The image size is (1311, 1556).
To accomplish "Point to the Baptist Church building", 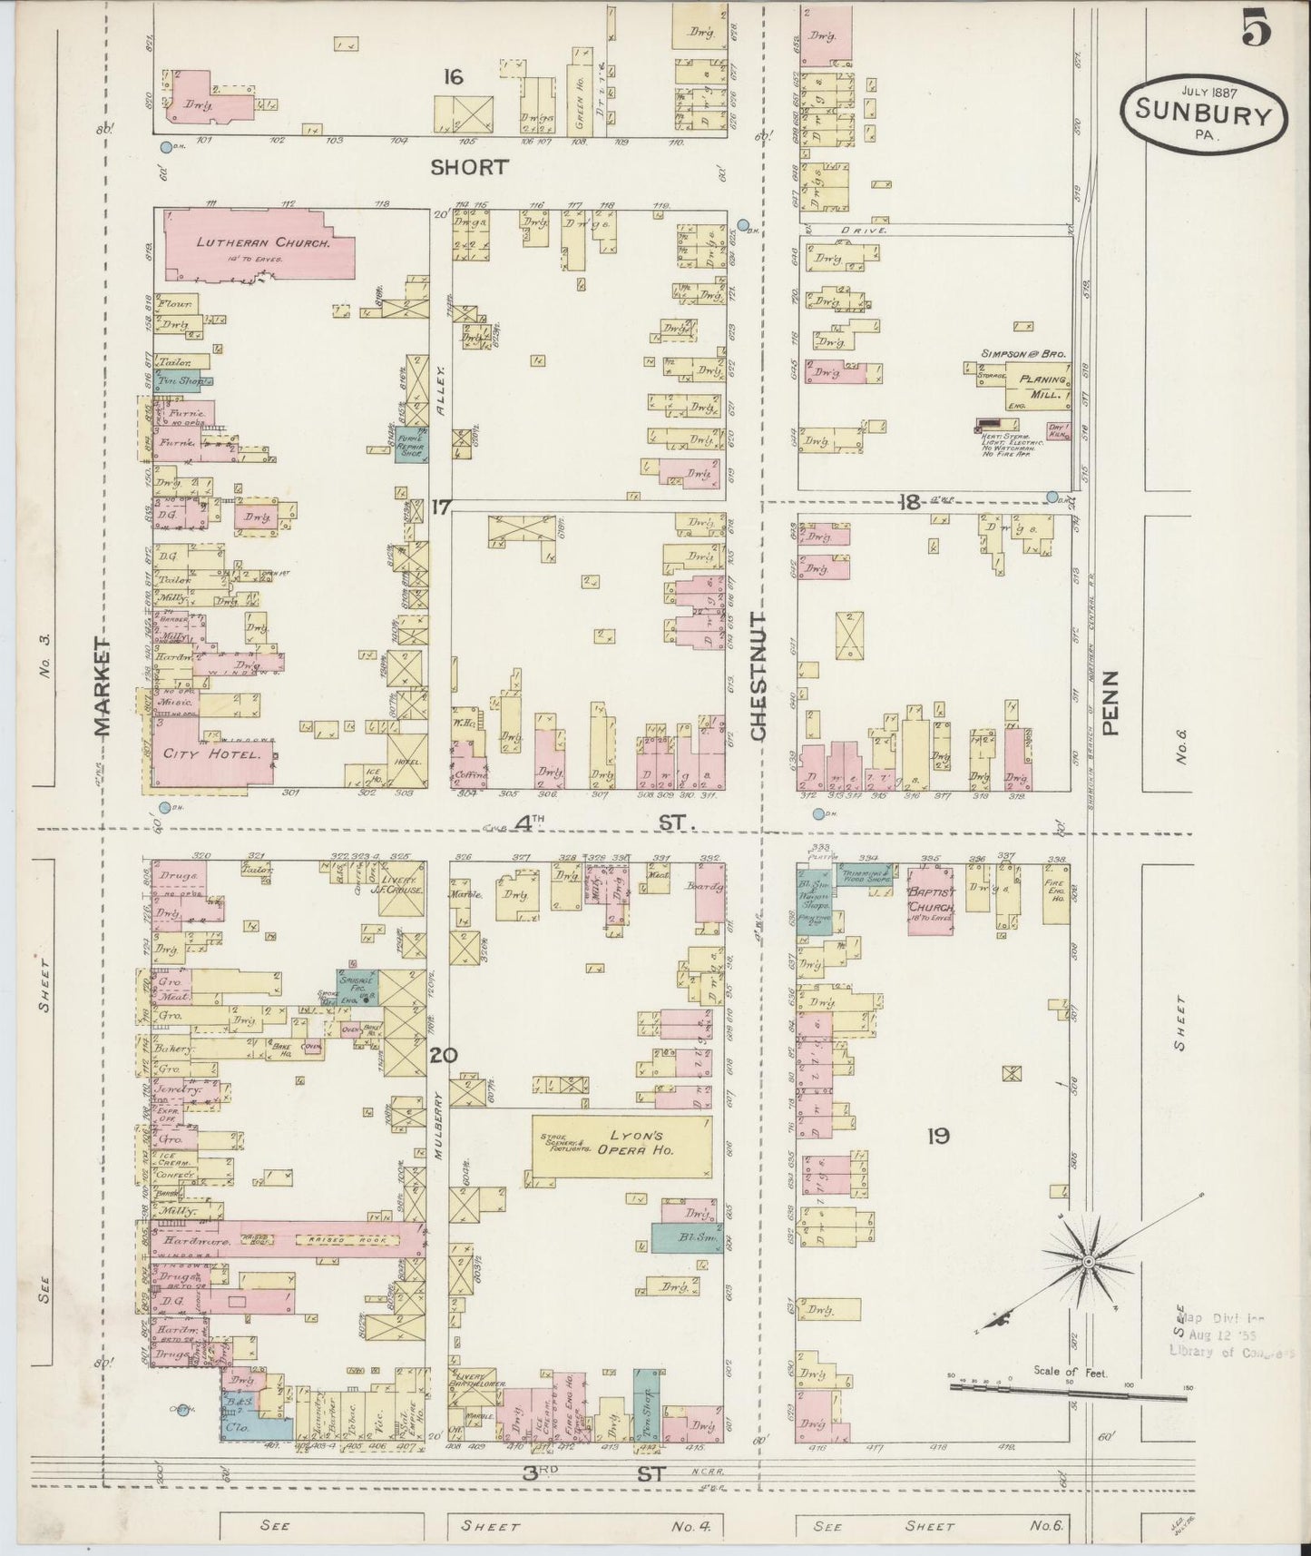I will (x=931, y=899).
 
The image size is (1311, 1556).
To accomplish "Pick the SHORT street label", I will (x=469, y=167).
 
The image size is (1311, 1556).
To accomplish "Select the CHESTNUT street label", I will (x=759, y=675).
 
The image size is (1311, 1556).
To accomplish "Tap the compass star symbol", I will (x=1087, y=1262).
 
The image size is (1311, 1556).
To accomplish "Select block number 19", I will (x=937, y=1135).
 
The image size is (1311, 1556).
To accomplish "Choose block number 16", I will (x=452, y=77).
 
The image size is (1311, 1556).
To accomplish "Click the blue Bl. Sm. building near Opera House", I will (x=681, y=1236).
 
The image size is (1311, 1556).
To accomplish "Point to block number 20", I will (x=444, y=1056).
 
